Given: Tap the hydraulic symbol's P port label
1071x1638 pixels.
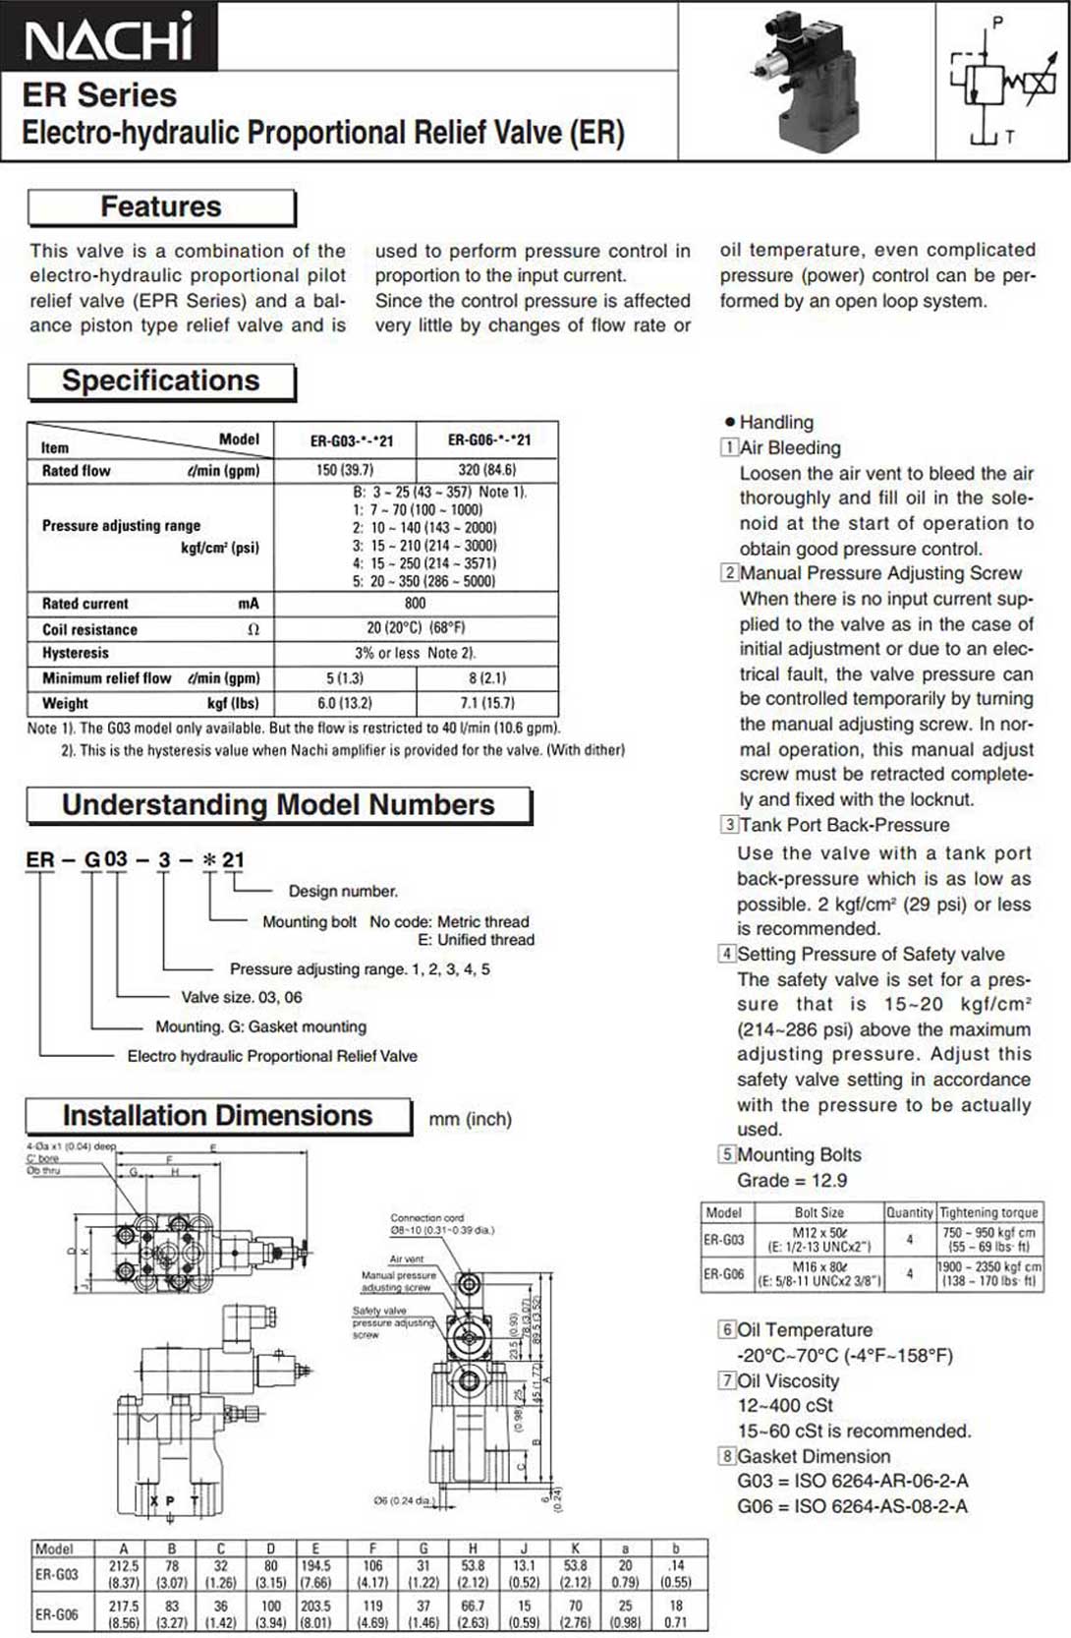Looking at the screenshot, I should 997,22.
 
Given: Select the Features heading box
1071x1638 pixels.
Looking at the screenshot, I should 161,207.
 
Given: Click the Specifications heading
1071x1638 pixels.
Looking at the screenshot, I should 161,381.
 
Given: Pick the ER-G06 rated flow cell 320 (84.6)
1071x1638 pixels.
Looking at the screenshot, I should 487,470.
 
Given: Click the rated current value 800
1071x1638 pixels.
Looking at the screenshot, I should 416,604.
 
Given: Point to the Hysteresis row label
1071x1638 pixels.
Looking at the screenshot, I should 76,653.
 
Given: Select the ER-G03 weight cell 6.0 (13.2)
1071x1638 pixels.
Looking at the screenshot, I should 345,704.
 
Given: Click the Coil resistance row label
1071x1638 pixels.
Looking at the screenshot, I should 89,629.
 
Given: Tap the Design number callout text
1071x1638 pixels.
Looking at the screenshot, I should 343,892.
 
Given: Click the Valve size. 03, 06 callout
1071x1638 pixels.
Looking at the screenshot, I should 242,998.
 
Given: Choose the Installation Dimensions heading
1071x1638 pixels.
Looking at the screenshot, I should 217,1116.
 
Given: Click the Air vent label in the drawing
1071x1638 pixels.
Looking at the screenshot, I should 407,1258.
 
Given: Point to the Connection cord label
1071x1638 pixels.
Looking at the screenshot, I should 427,1218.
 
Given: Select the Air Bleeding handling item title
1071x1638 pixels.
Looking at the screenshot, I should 790,448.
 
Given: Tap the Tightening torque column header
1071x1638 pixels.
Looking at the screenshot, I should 988,1213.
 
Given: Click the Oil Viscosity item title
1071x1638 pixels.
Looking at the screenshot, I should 788,1381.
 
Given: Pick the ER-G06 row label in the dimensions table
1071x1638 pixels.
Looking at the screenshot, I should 57,1614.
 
